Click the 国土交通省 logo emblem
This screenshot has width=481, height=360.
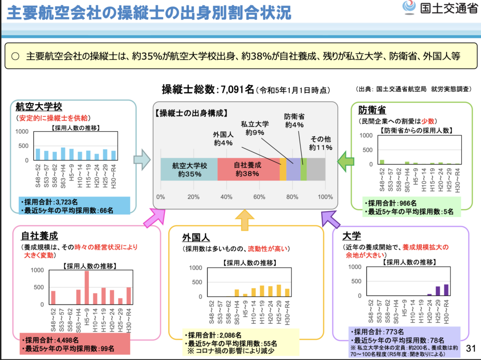coord(409,7)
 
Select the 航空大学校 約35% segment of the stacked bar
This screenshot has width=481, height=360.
coord(189,169)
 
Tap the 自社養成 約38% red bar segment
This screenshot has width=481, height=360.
coord(248,169)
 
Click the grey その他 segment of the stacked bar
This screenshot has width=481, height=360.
coord(316,169)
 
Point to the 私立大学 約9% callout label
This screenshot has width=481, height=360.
coord(255,128)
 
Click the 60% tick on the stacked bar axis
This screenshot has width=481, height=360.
coord(259,197)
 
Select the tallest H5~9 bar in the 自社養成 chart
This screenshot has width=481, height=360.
coord(87,288)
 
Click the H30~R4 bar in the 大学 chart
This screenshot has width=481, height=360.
coord(446,290)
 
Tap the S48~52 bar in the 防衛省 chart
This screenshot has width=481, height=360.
coord(382,162)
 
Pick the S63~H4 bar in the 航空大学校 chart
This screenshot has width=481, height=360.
coord(63,154)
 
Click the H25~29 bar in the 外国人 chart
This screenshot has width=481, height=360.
coord(279,290)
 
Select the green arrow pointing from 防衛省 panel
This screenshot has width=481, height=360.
coord(345,161)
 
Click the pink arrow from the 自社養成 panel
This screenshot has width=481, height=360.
coord(154,217)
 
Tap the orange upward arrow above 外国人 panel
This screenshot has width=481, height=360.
coord(244,220)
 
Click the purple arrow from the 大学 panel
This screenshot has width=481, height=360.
coord(330,219)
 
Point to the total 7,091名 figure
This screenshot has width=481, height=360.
coord(237,89)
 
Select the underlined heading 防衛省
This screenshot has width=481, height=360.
coord(372,110)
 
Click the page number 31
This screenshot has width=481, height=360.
coord(471,348)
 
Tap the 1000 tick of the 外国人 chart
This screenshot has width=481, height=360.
coord(195,268)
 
